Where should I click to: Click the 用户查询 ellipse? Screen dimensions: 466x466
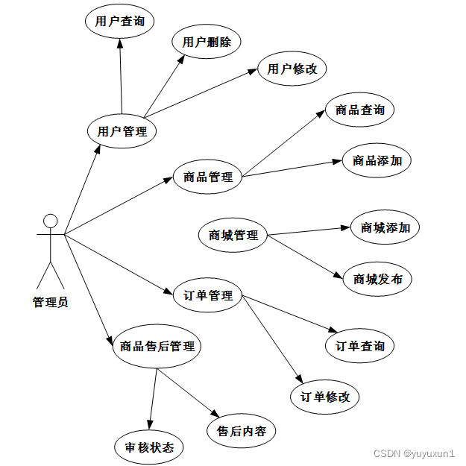[x=120, y=21]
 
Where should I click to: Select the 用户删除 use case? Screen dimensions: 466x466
[x=207, y=42]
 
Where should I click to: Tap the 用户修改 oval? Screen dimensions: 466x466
[x=292, y=69]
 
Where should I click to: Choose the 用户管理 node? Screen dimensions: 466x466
[x=122, y=131]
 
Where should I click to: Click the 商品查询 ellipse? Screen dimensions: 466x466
[x=360, y=110]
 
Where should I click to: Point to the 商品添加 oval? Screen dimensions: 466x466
[x=377, y=160]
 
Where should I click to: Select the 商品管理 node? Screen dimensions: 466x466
[x=207, y=177]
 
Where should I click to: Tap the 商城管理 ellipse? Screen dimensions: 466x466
[x=233, y=235]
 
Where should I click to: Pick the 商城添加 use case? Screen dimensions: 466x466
[x=385, y=227]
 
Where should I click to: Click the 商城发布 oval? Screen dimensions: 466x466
[x=377, y=279]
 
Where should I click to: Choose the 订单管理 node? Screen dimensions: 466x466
[x=207, y=295]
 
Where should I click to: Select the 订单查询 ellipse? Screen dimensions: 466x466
[x=360, y=346]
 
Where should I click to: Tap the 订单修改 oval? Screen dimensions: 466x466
[x=325, y=397]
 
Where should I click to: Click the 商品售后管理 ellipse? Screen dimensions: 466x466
[x=157, y=346]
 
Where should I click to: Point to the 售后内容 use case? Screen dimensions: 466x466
[x=242, y=431]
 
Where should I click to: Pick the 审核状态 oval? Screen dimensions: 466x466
[x=149, y=447]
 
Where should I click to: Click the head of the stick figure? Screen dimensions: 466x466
[x=51, y=221]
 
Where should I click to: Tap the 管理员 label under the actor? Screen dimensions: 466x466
[x=51, y=302]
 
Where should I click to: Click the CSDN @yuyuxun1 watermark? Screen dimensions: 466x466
[x=414, y=453]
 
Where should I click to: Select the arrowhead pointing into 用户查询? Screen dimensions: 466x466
[x=120, y=43]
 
